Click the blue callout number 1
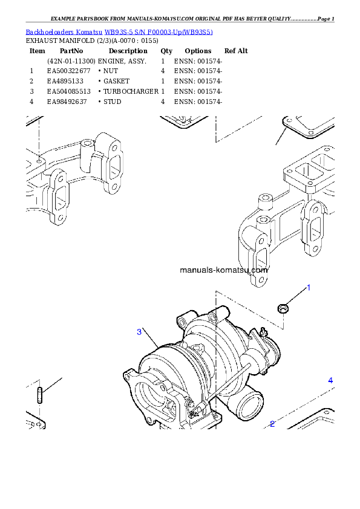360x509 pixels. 308,288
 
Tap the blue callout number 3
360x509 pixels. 139,331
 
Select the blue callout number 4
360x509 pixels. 330,380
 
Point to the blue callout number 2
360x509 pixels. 272,424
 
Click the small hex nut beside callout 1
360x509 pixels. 282,309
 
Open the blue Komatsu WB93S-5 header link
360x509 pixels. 119,31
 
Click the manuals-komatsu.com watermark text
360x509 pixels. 224,270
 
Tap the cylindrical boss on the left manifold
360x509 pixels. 89,145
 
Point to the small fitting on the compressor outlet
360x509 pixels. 263,331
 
